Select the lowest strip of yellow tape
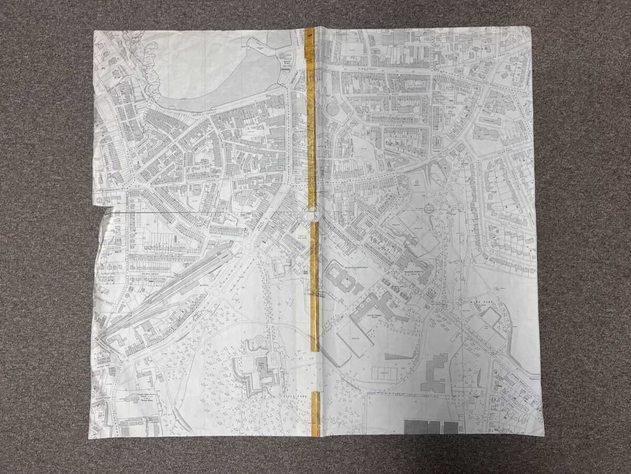315,413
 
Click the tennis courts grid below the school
385,372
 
